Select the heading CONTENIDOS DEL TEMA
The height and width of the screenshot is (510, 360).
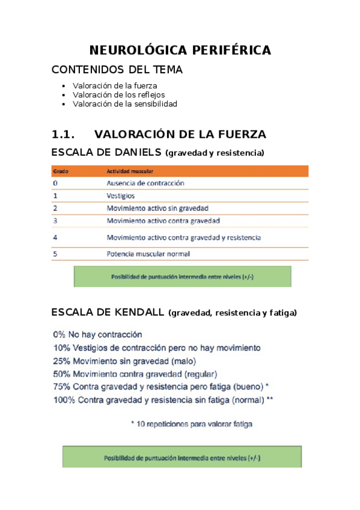tap(117, 70)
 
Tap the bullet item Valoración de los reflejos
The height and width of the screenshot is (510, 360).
tap(118, 94)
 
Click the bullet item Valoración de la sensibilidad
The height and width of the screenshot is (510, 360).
tap(125, 103)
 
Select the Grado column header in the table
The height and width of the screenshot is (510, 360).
tap(60, 171)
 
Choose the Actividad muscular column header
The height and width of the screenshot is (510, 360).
tap(129, 171)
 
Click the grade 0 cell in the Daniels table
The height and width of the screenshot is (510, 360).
tap(55, 183)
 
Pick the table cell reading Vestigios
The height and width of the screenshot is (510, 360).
tap(120, 195)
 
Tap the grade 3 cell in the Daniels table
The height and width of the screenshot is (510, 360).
tap(55, 221)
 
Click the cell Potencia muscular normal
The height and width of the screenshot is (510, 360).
tap(148, 254)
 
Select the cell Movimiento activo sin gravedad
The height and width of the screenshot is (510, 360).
tap(157, 208)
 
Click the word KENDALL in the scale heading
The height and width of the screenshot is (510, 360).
tap(137, 312)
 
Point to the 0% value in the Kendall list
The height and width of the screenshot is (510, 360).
tap(59, 334)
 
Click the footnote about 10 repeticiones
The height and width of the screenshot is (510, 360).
tap(192, 424)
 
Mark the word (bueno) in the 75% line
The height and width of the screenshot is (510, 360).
tap(246, 386)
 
